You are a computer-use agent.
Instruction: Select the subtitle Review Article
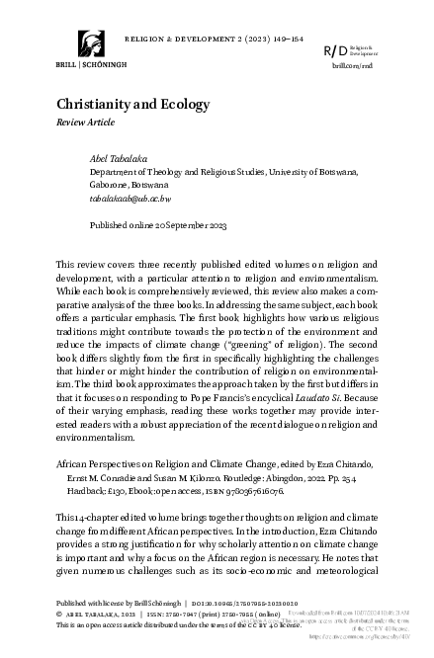(x=84, y=124)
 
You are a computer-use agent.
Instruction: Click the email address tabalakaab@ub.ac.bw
(x=131, y=198)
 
